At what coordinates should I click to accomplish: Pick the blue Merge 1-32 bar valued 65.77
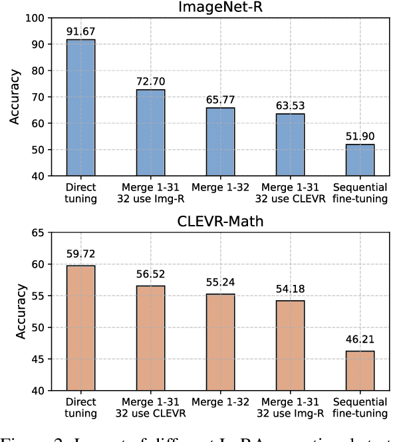(x=220, y=142)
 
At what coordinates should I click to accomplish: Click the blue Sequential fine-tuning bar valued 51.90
(x=360, y=160)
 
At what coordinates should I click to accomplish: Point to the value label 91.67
(x=80, y=31)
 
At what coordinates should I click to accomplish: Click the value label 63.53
(x=290, y=105)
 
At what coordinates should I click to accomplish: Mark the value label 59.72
(x=80, y=255)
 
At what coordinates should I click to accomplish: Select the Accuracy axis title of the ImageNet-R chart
(x=14, y=97)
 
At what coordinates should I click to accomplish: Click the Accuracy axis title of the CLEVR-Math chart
(x=14, y=312)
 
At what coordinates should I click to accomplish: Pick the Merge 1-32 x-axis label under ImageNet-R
(x=220, y=188)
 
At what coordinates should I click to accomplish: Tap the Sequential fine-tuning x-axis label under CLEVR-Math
(x=360, y=409)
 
